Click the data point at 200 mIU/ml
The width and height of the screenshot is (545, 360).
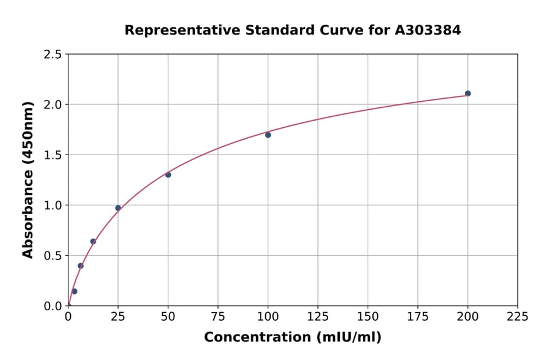pyautogui.click(x=467, y=93)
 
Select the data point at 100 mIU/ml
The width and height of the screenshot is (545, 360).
pyautogui.click(x=268, y=135)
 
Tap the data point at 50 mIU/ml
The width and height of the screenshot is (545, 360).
pyautogui.click(x=168, y=175)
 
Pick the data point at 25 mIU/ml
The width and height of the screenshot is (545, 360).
pyautogui.click(x=118, y=208)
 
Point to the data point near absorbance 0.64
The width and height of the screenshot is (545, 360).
pyautogui.click(x=93, y=241)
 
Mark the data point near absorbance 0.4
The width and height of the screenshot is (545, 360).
pyautogui.click(x=81, y=265)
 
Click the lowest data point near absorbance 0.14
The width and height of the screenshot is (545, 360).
pyautogui.click(x=74, y=292)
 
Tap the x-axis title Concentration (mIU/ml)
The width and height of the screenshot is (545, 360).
pyautogui.click(x=292, y=337)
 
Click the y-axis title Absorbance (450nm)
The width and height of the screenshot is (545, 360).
pyautogui.click(x=28, y=179)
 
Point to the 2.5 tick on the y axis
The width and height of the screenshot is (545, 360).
pyautogui.click(x=53, y=55)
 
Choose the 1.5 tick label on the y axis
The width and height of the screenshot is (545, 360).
pyautogui.click(x=53, y=155)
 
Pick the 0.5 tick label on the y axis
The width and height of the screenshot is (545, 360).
pyautogui.click(x=53, y=256)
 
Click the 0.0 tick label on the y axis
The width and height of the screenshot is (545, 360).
pyautogui.click(x=53, y=306)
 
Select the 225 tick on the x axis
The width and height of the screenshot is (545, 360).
pyautogui.click(x=518, y=316)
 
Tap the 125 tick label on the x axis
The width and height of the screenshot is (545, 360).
pyautogui.click(x=318, y=316)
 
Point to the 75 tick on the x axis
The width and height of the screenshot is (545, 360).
pyautogui.click(x=218, y=316)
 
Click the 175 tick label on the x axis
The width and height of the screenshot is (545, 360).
pyautogui.click(x=418, y=316)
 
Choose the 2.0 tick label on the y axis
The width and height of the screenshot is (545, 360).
pyautogui.click(x=53, y=105)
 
